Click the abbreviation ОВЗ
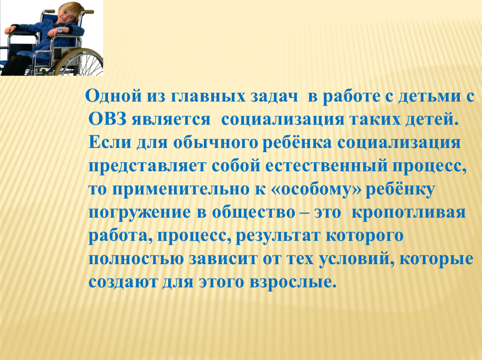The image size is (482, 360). [107, 120]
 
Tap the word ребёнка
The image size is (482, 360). [297, 142]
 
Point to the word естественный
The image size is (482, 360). [326, 166]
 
